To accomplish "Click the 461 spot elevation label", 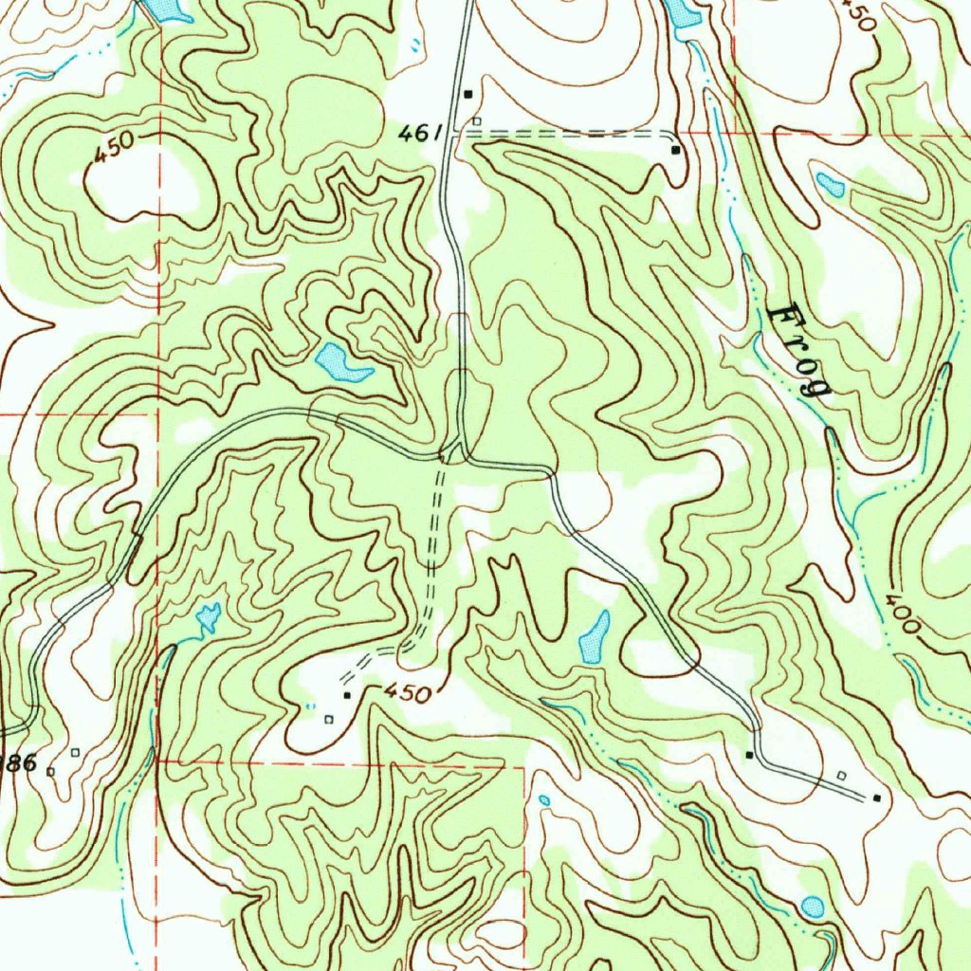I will coord(417,135).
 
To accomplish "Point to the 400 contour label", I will coord(902,614).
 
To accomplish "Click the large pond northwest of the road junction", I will coord(339,362).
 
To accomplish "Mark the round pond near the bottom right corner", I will coord(813,907).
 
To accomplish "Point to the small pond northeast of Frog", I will coord(831,185).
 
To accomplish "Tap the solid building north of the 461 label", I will coord(467,94).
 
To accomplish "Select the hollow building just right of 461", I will coord(477,121).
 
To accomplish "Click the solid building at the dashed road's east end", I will coord(675,150).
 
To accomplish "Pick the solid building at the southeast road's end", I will coord(876,797).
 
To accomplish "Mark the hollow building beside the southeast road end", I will coord(841,775).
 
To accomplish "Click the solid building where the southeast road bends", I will coord(749,755).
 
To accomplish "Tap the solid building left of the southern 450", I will coord(347,695).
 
